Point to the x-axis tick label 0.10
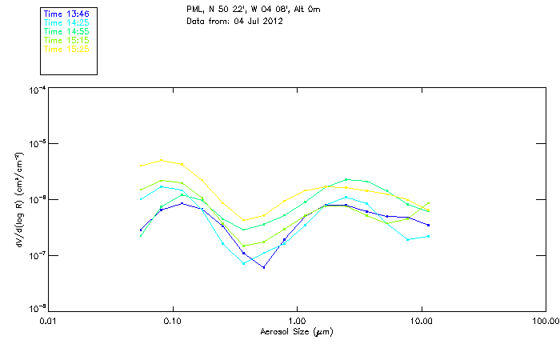(x=172, y=321)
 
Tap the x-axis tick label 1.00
(x=297, y=321)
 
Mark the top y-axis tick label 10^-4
(x=36, y=90)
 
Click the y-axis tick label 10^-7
(x=36, y=255)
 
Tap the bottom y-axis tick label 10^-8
(x=36, y=309)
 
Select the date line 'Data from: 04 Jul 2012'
(x=234, y=20)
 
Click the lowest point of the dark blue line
(x=264, y=267)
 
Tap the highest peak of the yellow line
(x=161, y=160)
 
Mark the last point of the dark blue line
(x=429, y=225)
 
